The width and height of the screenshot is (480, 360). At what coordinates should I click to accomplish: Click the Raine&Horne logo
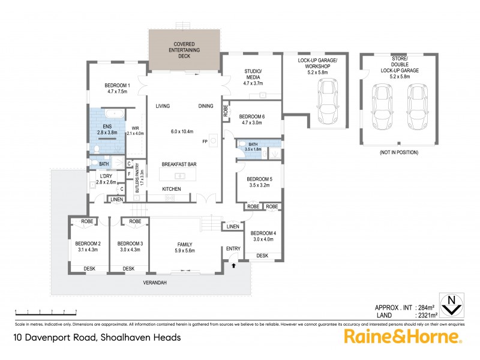[x=403, y=335]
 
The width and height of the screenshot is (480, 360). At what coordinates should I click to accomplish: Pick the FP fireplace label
[x=205, y=142]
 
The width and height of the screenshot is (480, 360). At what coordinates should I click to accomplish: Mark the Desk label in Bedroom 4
[x=262, y=256]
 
